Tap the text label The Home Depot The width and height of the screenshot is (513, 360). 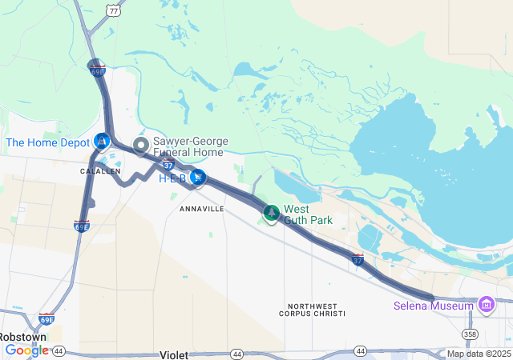48,142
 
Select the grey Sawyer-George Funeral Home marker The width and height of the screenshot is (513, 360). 141,145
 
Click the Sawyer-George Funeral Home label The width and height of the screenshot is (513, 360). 190,146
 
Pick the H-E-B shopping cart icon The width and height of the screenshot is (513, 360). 197,177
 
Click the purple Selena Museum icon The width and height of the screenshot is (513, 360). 486,305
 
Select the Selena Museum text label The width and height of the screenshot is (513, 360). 433,306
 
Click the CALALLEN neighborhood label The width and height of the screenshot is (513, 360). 100,171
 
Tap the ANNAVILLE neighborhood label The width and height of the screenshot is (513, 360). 202,208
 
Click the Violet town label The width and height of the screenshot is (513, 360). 174,354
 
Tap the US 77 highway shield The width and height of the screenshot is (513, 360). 115,10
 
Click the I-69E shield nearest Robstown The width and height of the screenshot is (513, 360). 47,319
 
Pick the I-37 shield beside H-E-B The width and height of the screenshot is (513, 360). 168,164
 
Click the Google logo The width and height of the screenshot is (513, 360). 27,350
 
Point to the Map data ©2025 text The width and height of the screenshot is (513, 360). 478,354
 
